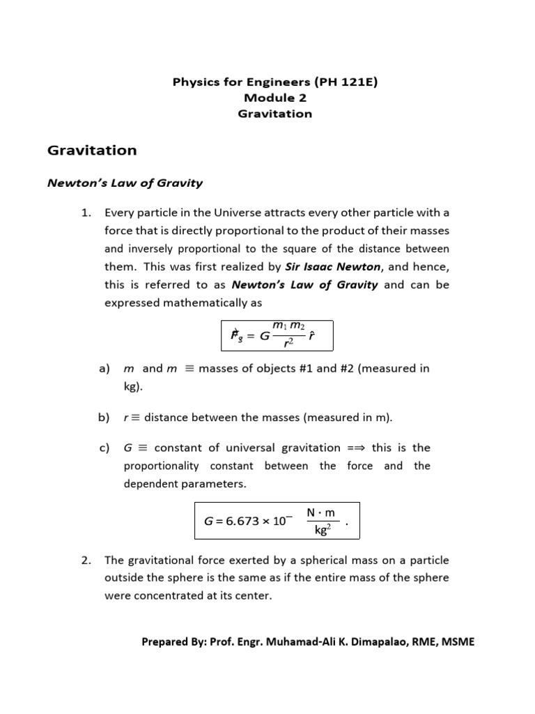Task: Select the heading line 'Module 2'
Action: pyautogui.click(x=275, y=98)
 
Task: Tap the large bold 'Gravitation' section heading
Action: pyautogui.click(x=91, y=150)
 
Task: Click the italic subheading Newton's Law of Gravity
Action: pyautogui.click(x=124, y=183)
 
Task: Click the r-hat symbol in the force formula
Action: pyautogui.click(x=312, y=335)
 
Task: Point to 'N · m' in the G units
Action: pyautogui.click(x=321, y=512)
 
